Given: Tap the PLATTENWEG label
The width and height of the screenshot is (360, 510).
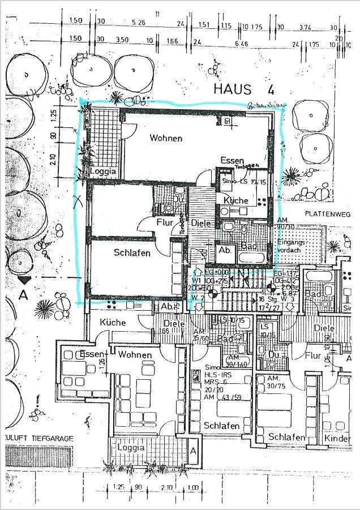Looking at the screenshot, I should click(328, 213).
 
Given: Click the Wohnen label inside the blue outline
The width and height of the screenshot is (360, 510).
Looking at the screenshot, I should click(166, 138).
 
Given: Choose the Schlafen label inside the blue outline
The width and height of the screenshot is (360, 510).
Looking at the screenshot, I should click(132, 253).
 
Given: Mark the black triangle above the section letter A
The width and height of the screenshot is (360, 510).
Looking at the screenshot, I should click(24, 280).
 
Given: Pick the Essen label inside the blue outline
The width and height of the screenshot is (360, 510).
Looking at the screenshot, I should click(232, 160).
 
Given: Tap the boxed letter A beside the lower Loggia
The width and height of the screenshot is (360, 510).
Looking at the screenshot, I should click(194, 451).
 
